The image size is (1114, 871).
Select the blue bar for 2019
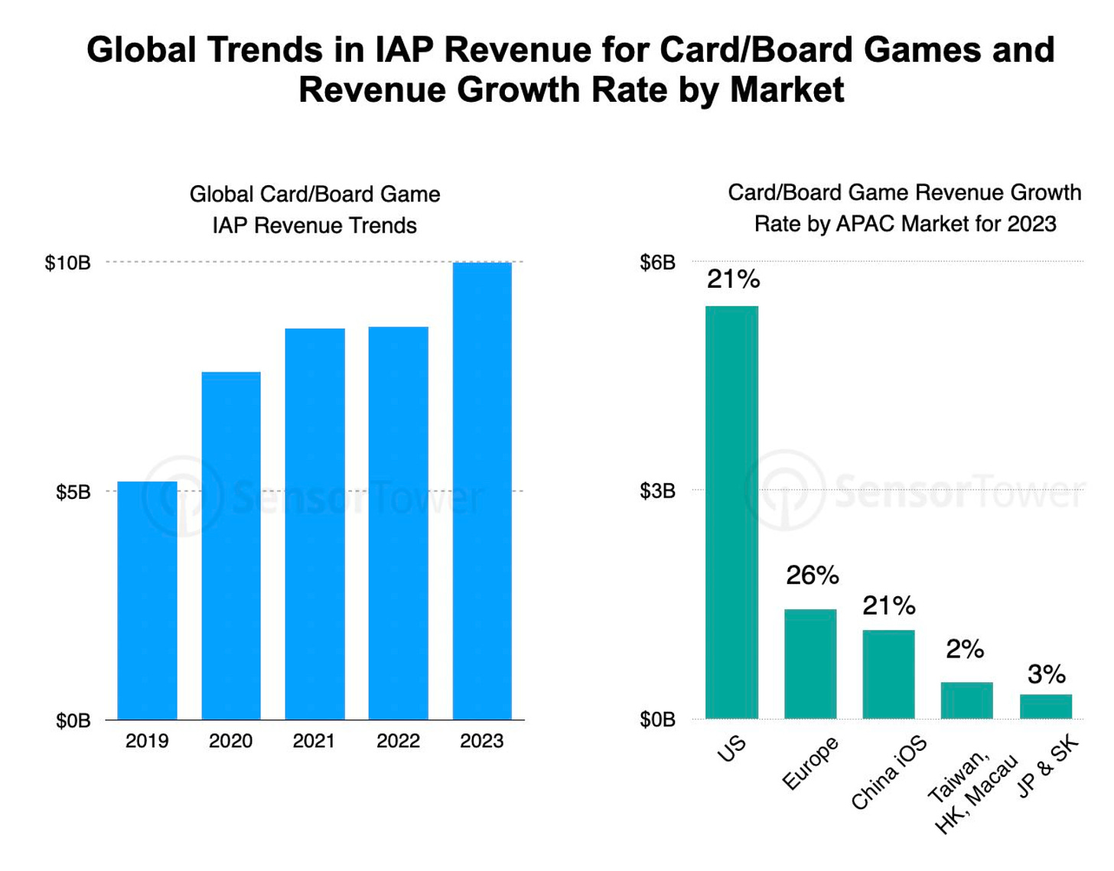click(147, 601)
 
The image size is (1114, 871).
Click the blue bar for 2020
click(231, 546)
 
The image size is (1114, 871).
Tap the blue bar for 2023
click(482, 491)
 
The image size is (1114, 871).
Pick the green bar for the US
click(731, 512)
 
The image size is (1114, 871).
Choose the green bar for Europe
click(810, 664)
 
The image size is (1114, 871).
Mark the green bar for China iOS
click(888, 674)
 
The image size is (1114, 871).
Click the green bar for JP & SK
click(1045, 706)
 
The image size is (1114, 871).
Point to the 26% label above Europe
click(812, 576)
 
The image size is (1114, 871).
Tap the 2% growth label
click(965, 650)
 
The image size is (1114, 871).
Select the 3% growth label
click(1046, 674)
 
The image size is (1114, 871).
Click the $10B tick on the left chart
click(67, 263)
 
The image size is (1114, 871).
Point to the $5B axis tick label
click(73, 492)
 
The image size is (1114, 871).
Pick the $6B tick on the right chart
click(657, 263)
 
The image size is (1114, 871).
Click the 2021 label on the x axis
click(314, 741)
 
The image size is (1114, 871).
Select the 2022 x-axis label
click(398, 741)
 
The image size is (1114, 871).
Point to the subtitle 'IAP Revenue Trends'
click(314, 226)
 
